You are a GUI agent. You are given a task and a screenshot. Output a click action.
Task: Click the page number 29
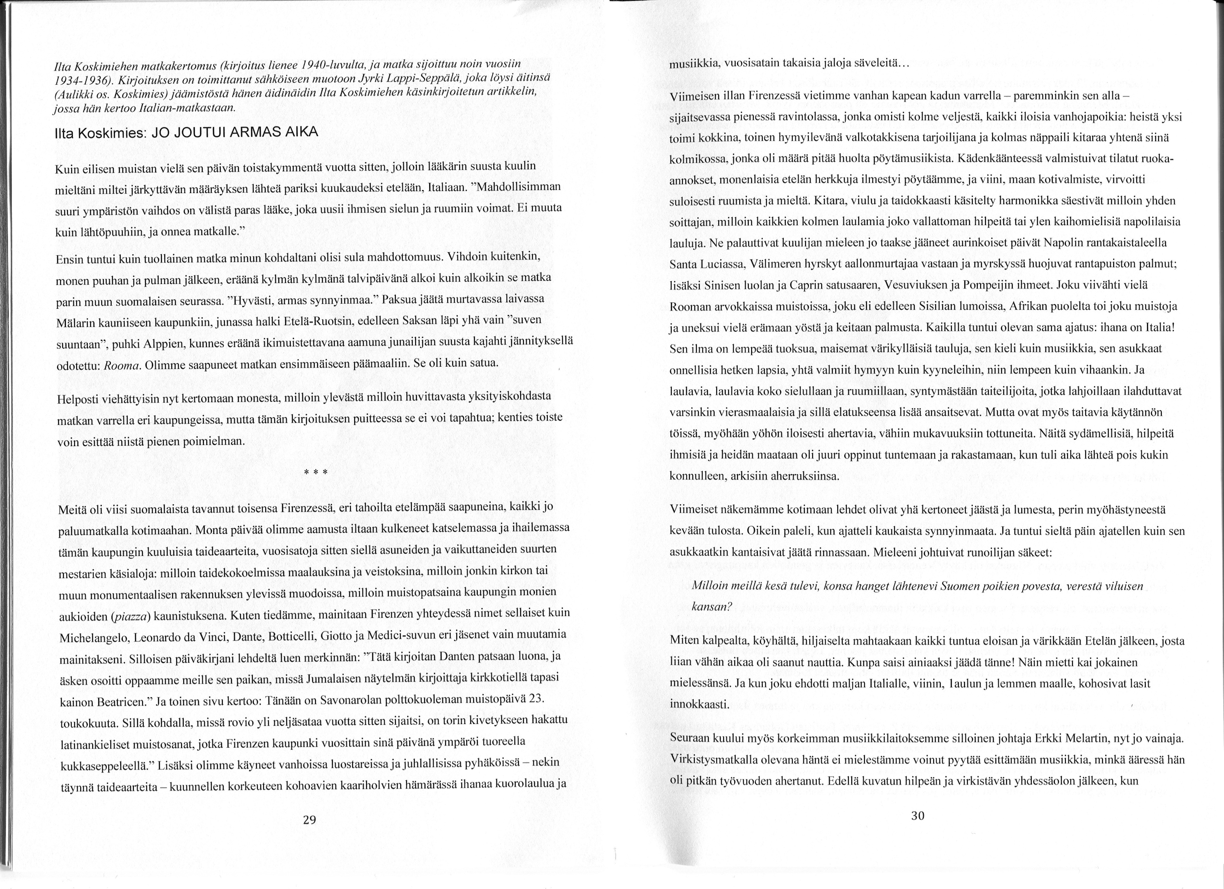(x=309, y=821)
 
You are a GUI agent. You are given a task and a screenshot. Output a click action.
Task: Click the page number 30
(x=918, y=816)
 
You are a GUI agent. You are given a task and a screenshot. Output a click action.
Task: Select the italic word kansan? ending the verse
(x=711, y=606)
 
